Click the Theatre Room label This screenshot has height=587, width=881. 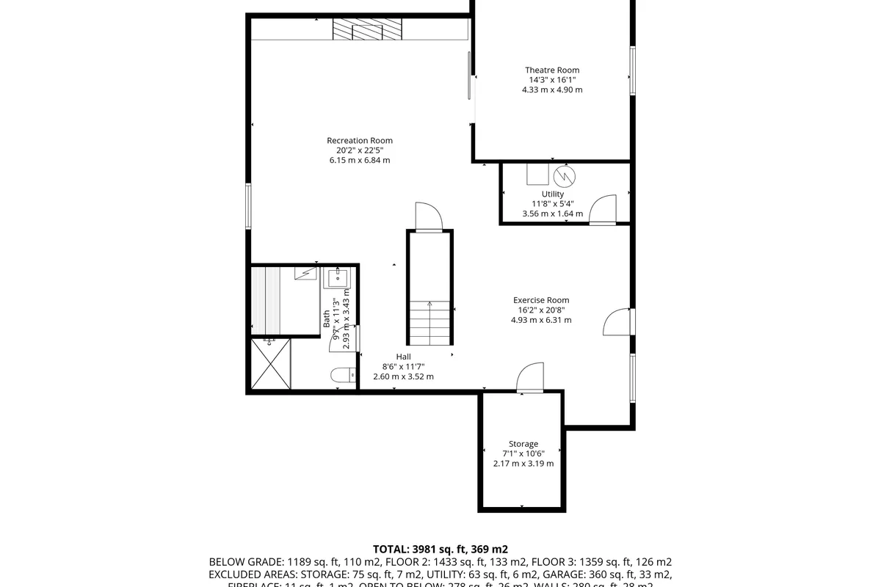coord(551,70)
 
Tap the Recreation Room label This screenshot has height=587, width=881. coord(360,141)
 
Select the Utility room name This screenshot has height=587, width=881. coord(552,194)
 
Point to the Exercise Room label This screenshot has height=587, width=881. coord(541,300)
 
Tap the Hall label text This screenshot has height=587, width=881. coord(403,357)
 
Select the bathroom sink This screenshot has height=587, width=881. coord(338,278)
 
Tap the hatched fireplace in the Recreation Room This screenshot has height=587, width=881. coord(367,29)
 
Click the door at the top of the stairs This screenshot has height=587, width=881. coord(427,217)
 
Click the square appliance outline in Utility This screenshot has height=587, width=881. coord(537,174)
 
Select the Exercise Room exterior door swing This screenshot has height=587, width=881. coord(617,321)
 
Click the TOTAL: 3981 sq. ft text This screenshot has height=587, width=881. coord(440,549)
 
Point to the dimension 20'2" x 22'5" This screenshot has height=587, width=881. coord(360,150)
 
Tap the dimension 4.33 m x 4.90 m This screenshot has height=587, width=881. coord(551,90)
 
